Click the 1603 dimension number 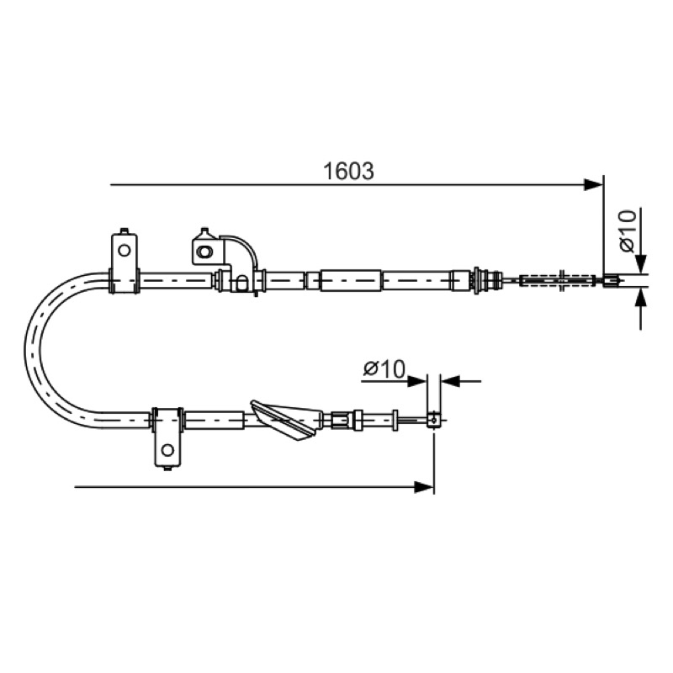[348, 172]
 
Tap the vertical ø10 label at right [628, 231]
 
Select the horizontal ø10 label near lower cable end [384, 369]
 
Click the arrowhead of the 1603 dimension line [594, 185]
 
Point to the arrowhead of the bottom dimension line [424, 487]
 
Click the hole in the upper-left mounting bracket [124, 250]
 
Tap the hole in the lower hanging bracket [167, 450]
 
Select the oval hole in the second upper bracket [204, 251]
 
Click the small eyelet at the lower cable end [433, 419]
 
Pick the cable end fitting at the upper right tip [612, 281]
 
